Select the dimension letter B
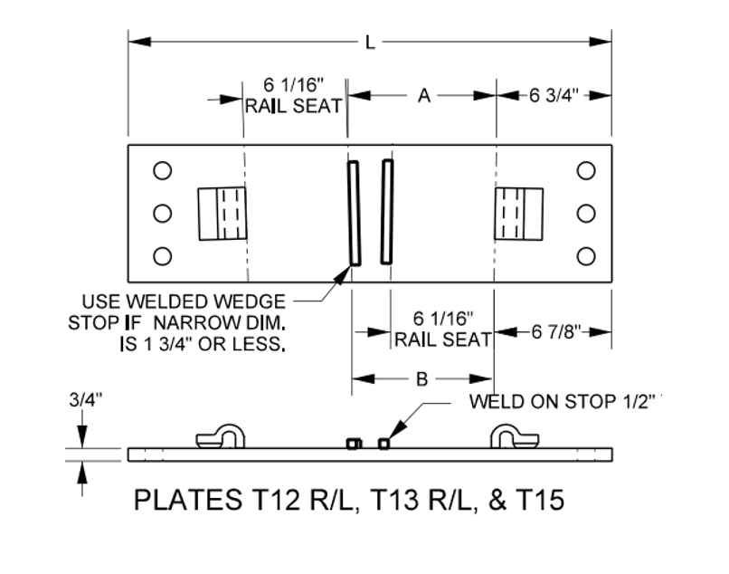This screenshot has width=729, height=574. pyautogui.click(x=421, y=380)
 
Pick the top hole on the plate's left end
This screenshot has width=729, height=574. pyautogui.click(x=163, y=170)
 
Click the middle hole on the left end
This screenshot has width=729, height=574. pyautogui.click(x=163, y=213)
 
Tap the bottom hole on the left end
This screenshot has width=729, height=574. pyautogui.click(x=163, y=255)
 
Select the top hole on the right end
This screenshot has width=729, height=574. pyautogui.click(x=586, y=170)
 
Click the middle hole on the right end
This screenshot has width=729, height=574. pyautogui.click(x=586, y=213)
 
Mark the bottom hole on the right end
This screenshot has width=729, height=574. pyautogui.click(x=586, y=255)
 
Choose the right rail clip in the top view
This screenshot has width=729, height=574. pyautogui.click(x=518, y=214)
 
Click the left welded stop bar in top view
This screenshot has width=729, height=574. pyautogui.click(x=354, y=213)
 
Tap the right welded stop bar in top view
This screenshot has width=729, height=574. pyautogui.click(x=387, y=213)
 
